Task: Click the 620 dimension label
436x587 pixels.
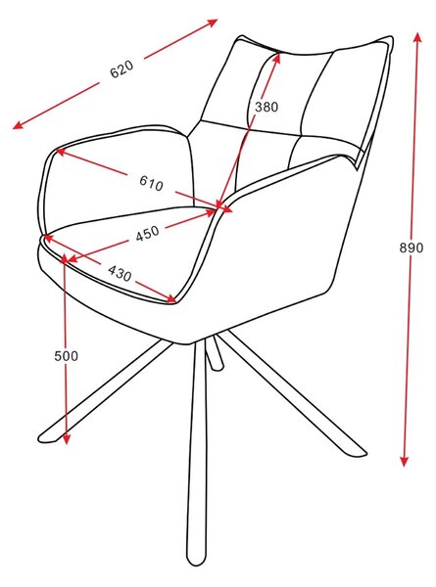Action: pyautogui.click(x=121, y=68)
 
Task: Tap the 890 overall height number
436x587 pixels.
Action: pyautogui.click(x=411, y=248)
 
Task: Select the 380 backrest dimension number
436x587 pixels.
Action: pyautogui.click(x=266, y=107)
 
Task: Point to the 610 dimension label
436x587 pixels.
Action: pyautogui.click(x=152, y=183)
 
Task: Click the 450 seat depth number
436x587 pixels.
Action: pyautogui.click(x=147, y=233)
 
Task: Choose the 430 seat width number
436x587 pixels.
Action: pyautogui.click(x=120, y=273)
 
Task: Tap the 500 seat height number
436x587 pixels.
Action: pyautogui.click(x=67, y=356)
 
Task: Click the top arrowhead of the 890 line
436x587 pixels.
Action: pyautogui.click(x=417, y=38)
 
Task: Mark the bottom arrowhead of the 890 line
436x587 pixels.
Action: pyautogui.click(x=404, y=461)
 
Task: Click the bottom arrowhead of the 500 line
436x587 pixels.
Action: pyautogui.click(x=67, y=439)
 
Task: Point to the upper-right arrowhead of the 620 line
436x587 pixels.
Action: pyautogui.click(x=213, y=23)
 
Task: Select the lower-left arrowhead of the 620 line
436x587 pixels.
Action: pyautogui.click(x=18, y=125)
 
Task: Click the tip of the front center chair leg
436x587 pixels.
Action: pyautogui.click(x=195, y=564)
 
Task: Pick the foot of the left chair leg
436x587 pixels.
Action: pyautogui.click(x=44, y=438)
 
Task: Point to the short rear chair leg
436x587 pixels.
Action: pyautogui.click(x=214, y=353)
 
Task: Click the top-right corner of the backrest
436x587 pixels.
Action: pyautogui.click(x=391, y=37)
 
